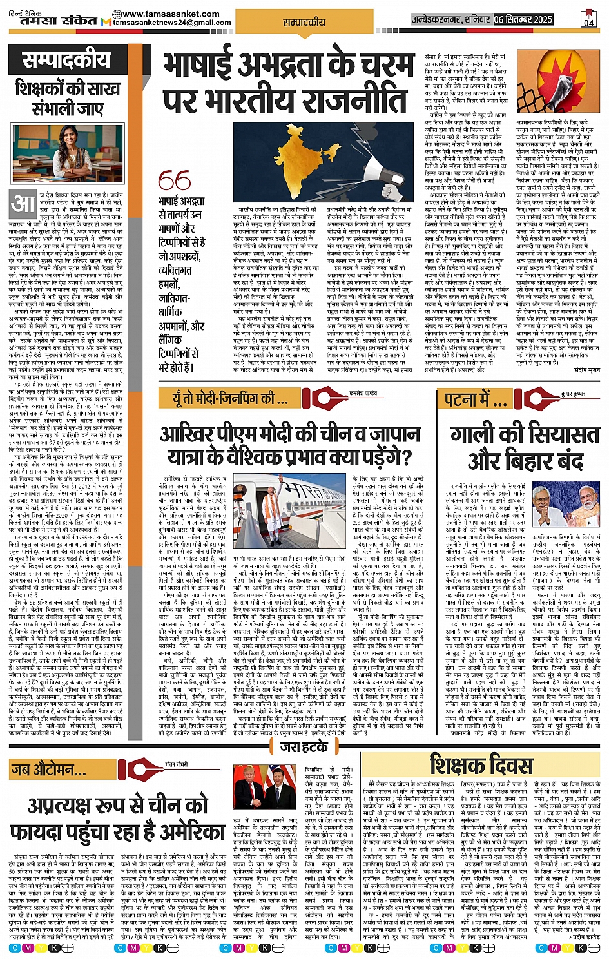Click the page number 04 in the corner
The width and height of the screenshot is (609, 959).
click(588, 19)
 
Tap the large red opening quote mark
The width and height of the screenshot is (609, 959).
click(174, 180)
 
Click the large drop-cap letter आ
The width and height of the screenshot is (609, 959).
click(23, 204)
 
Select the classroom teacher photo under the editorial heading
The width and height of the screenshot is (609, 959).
click(68, 153)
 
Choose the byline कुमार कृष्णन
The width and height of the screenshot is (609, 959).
click(573, 392)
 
